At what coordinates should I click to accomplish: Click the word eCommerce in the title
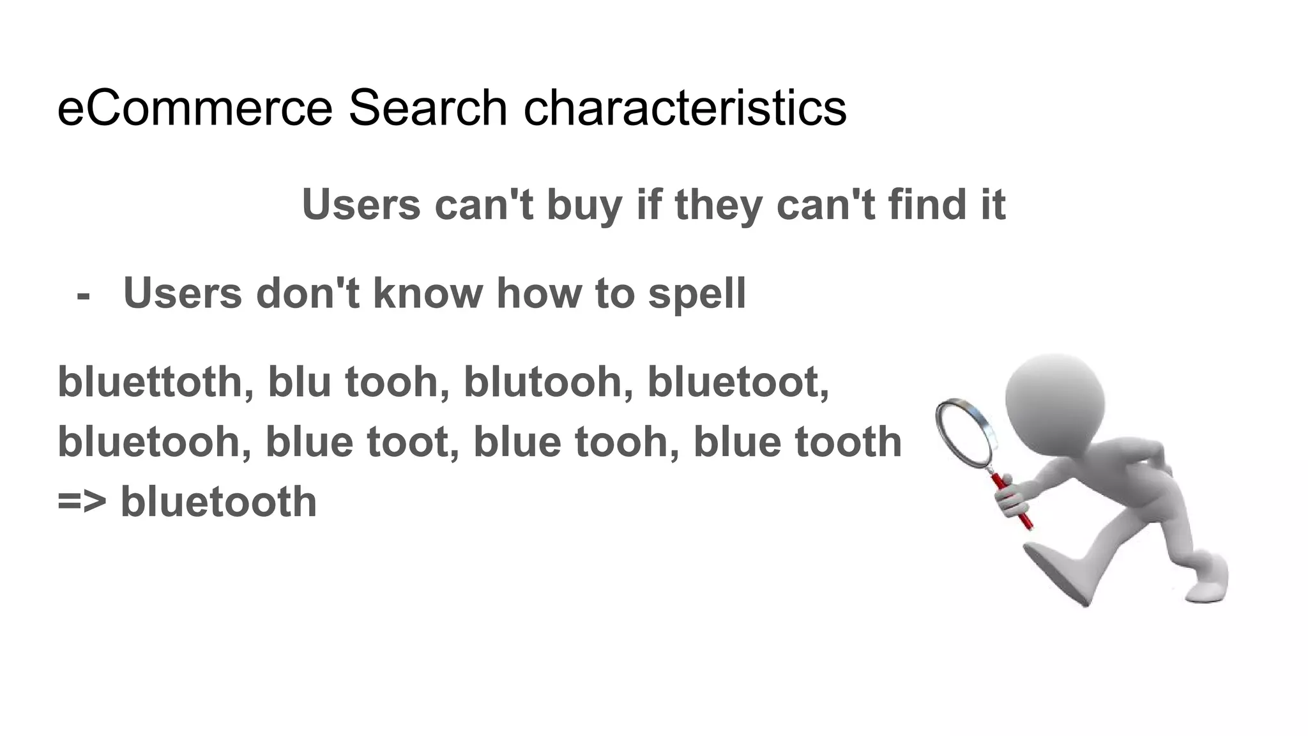195,108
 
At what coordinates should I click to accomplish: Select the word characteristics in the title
685,108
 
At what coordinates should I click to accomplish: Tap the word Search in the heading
427,108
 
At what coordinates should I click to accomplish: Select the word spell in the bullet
697,294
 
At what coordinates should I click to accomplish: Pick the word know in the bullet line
427,294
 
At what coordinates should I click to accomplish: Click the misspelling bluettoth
151,382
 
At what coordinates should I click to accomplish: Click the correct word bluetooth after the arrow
218,502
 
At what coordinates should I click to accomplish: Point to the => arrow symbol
82,502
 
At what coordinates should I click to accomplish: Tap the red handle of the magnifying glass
1015,505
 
